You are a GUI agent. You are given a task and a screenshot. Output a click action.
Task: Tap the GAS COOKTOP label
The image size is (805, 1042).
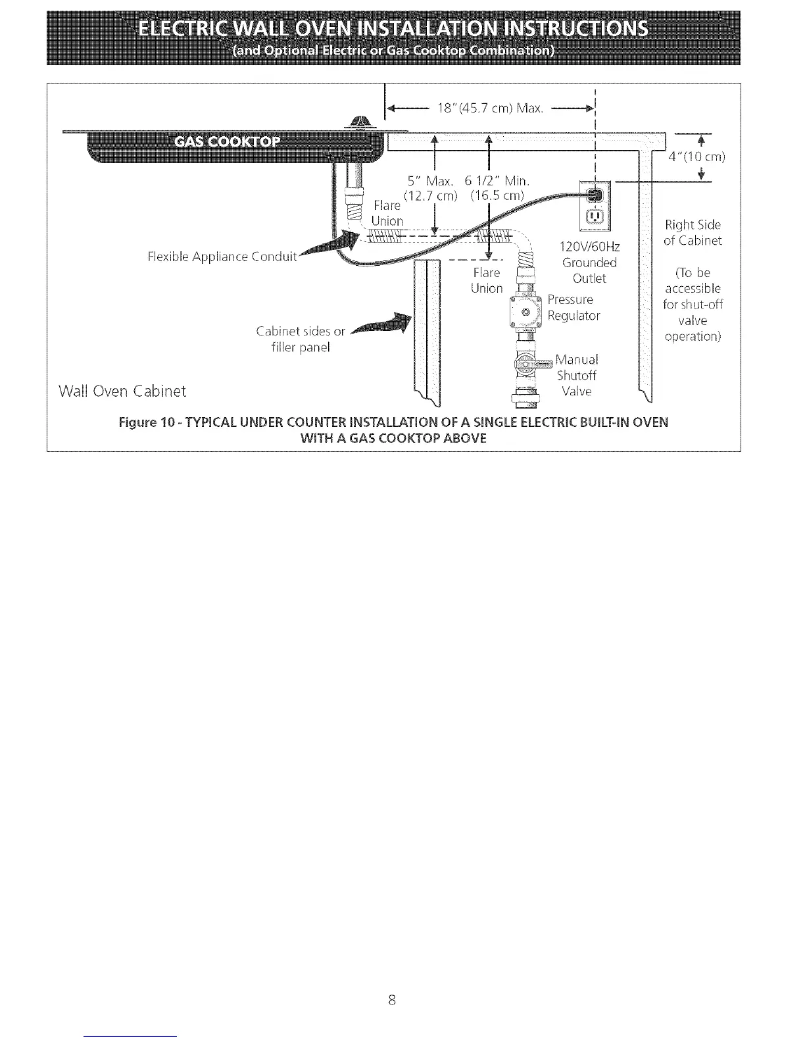point(226,142)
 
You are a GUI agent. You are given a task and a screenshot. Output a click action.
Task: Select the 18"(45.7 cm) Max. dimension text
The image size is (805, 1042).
point(490,109)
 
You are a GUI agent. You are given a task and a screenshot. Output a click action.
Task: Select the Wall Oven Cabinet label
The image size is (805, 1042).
point(122,391)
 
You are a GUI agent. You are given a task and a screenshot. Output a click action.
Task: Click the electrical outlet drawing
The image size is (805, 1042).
point(595,205)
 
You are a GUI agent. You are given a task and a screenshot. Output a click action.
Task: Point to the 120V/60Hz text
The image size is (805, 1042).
point(589,247)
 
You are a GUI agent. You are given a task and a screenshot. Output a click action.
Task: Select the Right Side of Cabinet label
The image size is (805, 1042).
point(693,233)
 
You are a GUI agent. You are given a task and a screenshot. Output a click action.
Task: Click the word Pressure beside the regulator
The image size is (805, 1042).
point(570,300)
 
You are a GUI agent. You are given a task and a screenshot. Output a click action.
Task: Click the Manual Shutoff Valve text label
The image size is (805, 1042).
point(577,376)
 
